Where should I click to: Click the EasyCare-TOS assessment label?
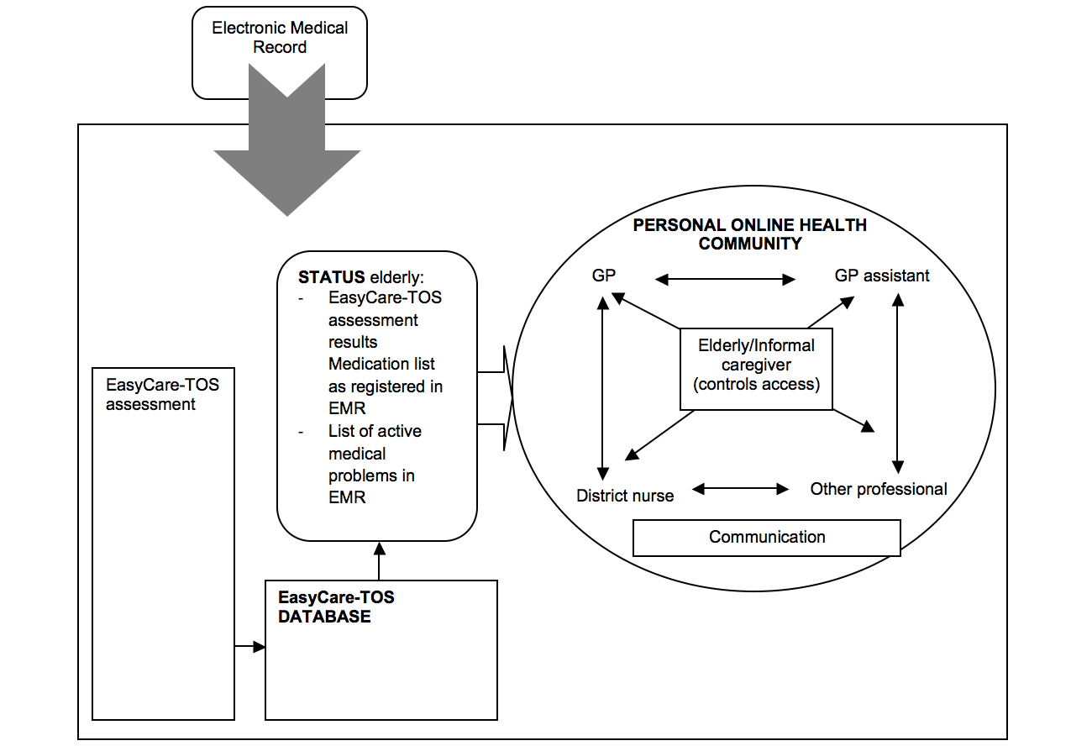point(162,395)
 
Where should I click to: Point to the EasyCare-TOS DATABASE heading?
point(336,607)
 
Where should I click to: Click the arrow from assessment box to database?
point(249,647)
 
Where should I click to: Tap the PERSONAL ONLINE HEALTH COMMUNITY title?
point(749,234)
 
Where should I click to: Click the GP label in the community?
point(604,276)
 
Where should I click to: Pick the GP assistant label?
point(882,276)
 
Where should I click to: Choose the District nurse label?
point(625,496)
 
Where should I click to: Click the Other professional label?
point(879,489)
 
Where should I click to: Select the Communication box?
point(767,538)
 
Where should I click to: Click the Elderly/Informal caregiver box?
point(756,365)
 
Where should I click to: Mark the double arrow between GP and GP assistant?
point(724,279)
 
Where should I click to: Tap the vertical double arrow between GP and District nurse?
point(602,386)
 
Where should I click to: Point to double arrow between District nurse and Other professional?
point(740,488)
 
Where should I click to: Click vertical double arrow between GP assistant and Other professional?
point(898,382)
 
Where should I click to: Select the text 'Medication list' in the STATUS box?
point(381,365)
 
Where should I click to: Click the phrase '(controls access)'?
point(756,386)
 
